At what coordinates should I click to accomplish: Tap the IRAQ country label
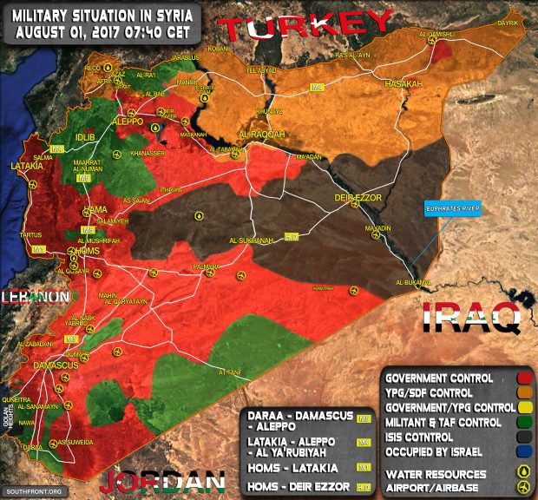click(471, 318)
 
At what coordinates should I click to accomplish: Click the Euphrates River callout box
click(451, 209)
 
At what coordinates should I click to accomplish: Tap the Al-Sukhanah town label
click(253, 240)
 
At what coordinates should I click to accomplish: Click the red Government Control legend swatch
click(525, 378)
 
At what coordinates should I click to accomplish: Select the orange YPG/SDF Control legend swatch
click(525, 393)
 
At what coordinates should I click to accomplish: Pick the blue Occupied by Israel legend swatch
click(525, 452)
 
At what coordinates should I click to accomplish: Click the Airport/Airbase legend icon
click(525, 487)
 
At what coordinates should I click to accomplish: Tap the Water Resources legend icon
click(525, 472)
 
